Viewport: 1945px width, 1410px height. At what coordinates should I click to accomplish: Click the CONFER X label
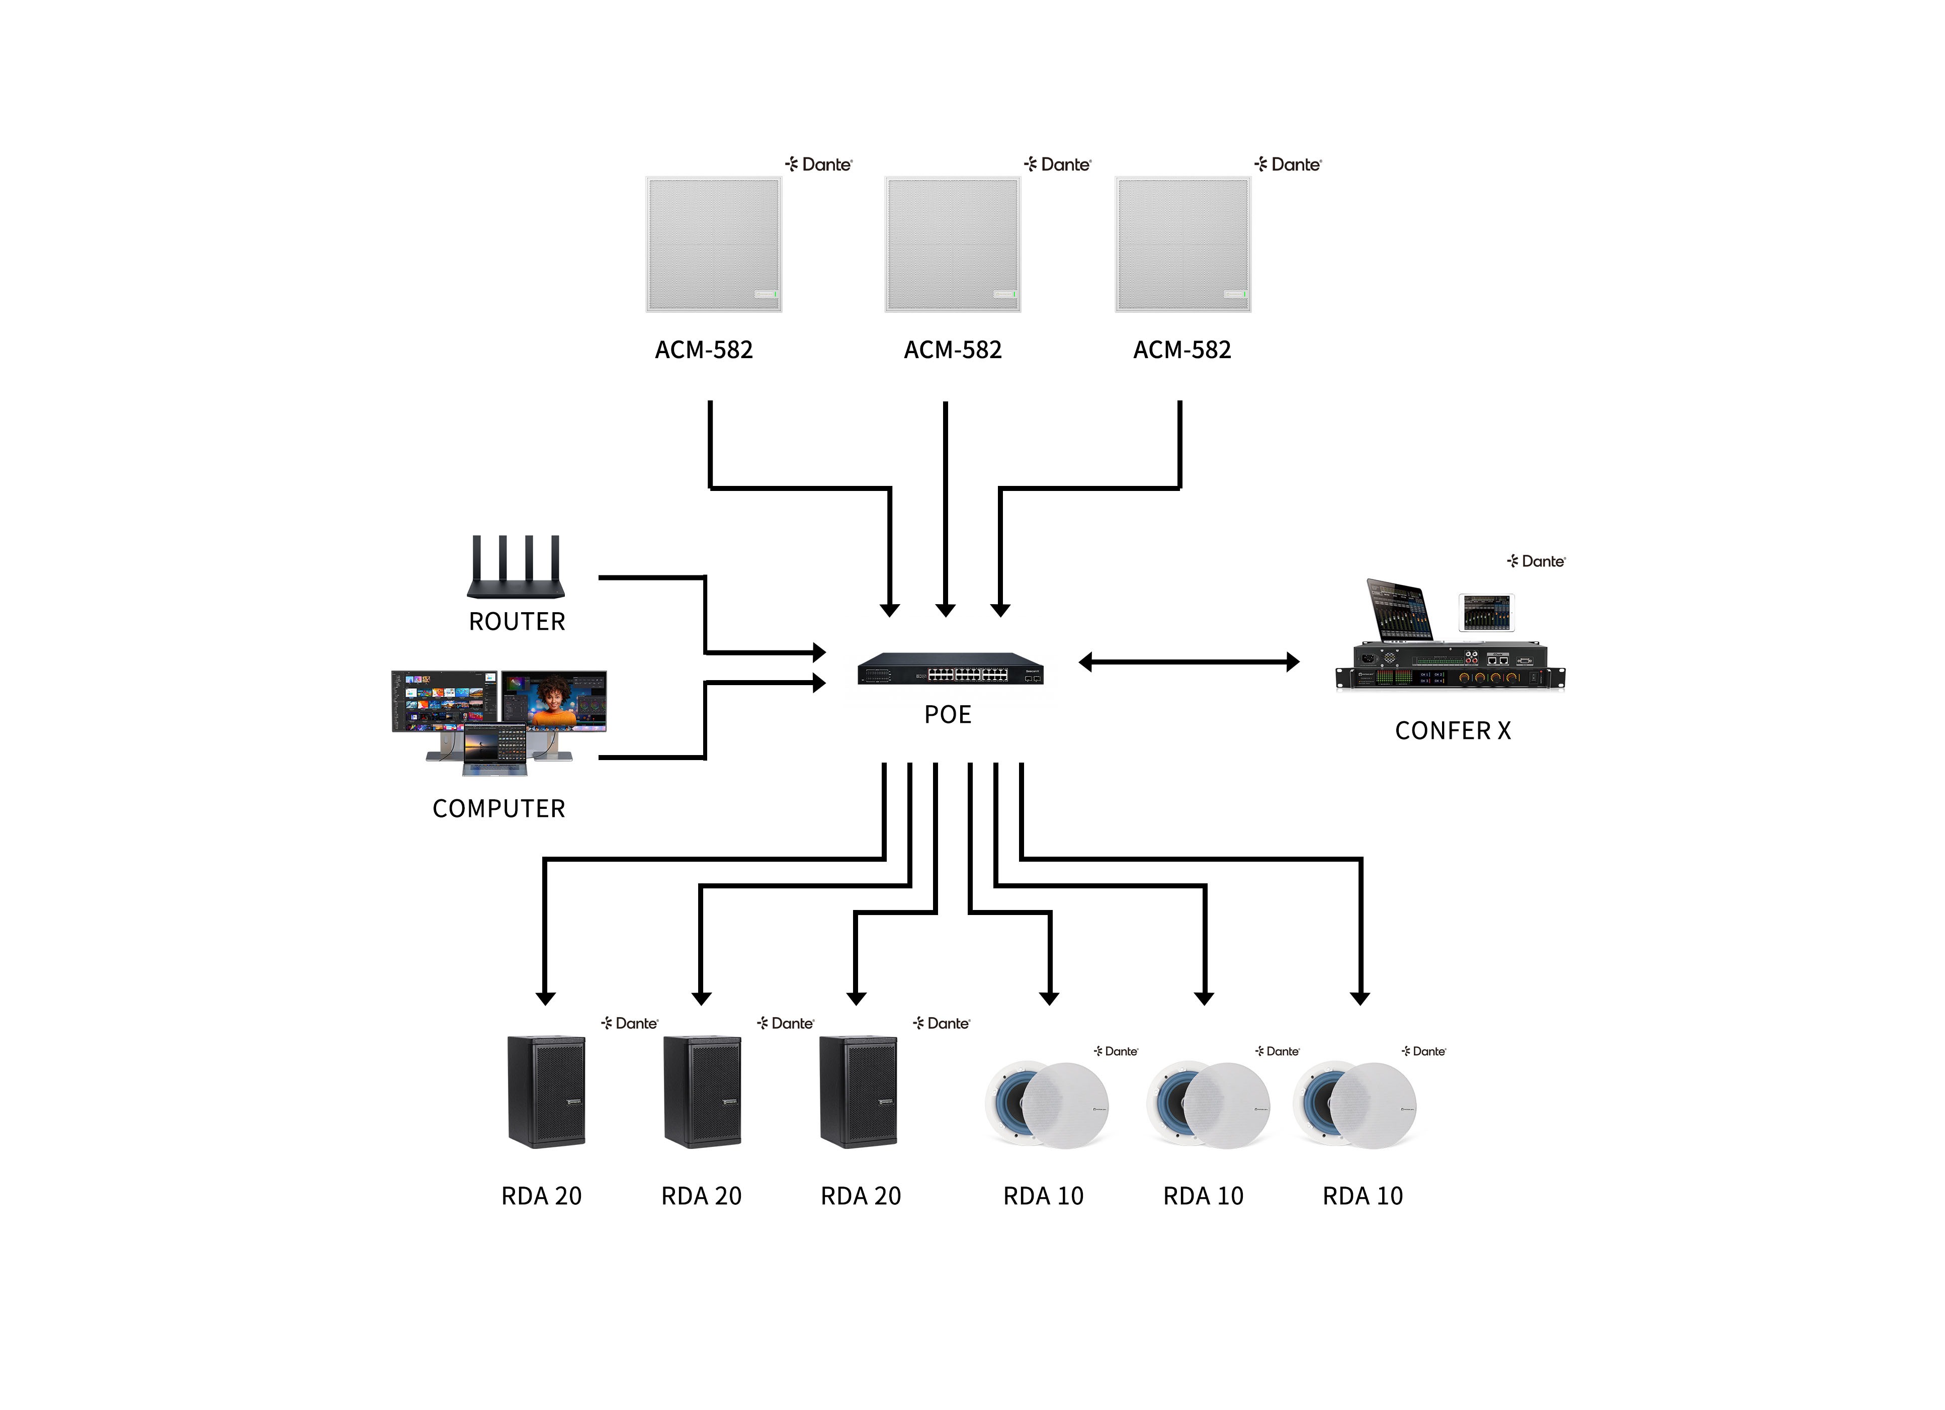pyautogui.click(x=1453, y=731)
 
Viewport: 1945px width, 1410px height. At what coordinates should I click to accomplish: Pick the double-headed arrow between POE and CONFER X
pyautogui.click(x=1189, y=662)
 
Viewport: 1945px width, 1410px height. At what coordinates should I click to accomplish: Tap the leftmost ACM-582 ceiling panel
pyautogui.click(x=714, y=244)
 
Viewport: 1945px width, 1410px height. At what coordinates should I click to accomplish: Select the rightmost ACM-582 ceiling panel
pyautogui.click(x=1182, y=244)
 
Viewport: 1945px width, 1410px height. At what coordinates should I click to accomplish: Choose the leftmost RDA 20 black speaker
pyautogui.click(x=546, y=1091)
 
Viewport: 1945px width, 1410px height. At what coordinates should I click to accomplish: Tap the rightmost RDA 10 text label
pyautogui.click(x=1362, y=1196)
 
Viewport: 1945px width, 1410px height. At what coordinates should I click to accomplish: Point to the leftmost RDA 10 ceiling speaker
pyautogui.click(x=1046, y=1105)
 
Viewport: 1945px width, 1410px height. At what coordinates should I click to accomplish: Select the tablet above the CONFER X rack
pyautogui.click(x=1486, y=612)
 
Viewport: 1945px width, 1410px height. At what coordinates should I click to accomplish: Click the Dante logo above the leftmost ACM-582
pyautogui.click(x=819, y=164)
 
